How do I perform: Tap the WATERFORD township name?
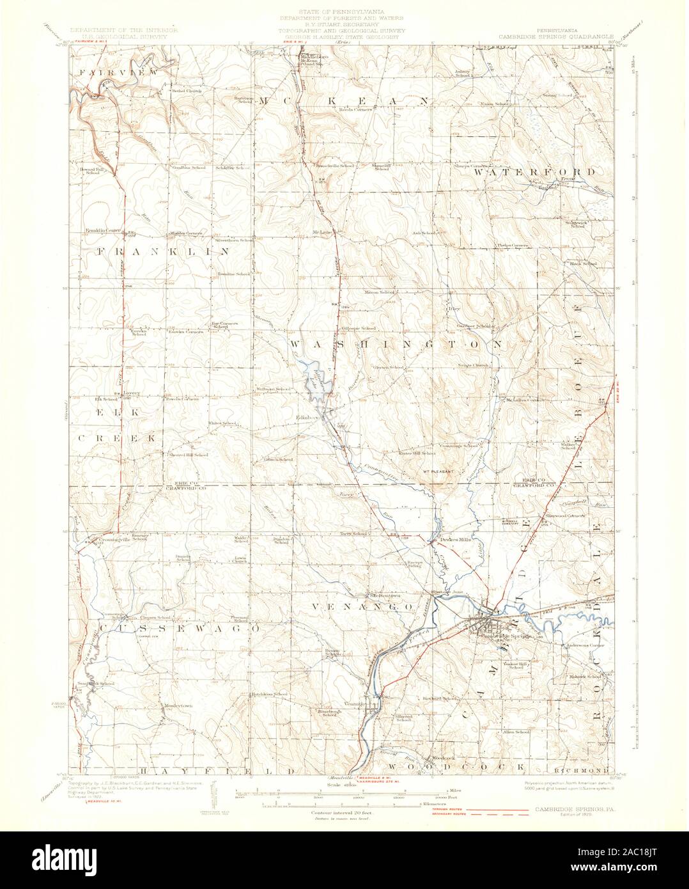534,172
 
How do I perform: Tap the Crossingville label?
115,540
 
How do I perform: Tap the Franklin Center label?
104,231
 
